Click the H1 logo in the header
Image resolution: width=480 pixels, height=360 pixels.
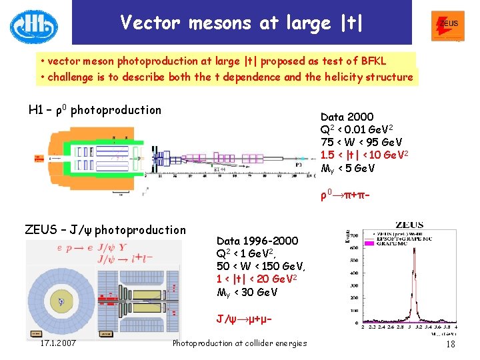tap(33, 27)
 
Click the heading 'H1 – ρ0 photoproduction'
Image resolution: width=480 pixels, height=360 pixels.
tap(95, 110)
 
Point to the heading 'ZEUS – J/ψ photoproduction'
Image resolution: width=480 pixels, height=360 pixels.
tap(105, 230)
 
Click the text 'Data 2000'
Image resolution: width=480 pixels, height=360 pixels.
tap(347, 117)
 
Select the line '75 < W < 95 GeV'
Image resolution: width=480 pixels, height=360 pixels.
tap(361, 143)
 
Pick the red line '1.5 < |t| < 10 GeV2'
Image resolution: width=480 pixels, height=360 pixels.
tap(364, 155)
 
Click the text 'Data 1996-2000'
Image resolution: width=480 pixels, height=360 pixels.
tap(257, 241)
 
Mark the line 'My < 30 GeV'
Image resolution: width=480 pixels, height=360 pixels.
tap(247, 292)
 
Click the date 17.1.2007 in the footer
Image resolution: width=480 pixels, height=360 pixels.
tap(57, 343)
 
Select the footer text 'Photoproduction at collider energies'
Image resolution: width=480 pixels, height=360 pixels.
tap(239, 343)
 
